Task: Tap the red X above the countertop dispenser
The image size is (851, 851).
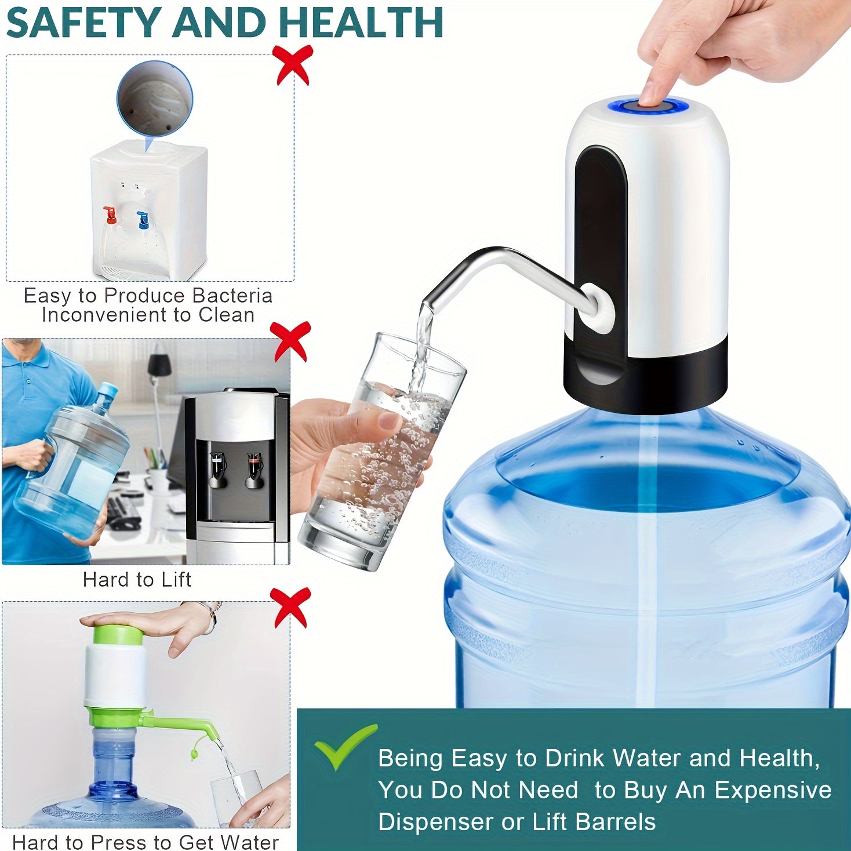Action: click(x=294, y=64)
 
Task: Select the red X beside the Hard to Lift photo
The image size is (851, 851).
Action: click(x=292, y=341)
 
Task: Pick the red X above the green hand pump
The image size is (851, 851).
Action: click(x=292, y=606)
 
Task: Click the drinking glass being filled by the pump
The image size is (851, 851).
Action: click(x=383, y=452)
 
